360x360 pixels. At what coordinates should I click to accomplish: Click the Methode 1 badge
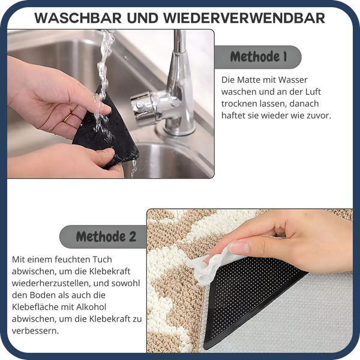(x=258, y=58)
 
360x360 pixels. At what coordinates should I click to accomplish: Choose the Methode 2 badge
(x=103, y=236)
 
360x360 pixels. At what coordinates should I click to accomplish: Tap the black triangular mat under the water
(x=108, y=135)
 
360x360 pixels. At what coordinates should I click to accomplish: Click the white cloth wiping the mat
(x=207, y=265)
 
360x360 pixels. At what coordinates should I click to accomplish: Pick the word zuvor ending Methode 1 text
(x=319, y=115)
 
